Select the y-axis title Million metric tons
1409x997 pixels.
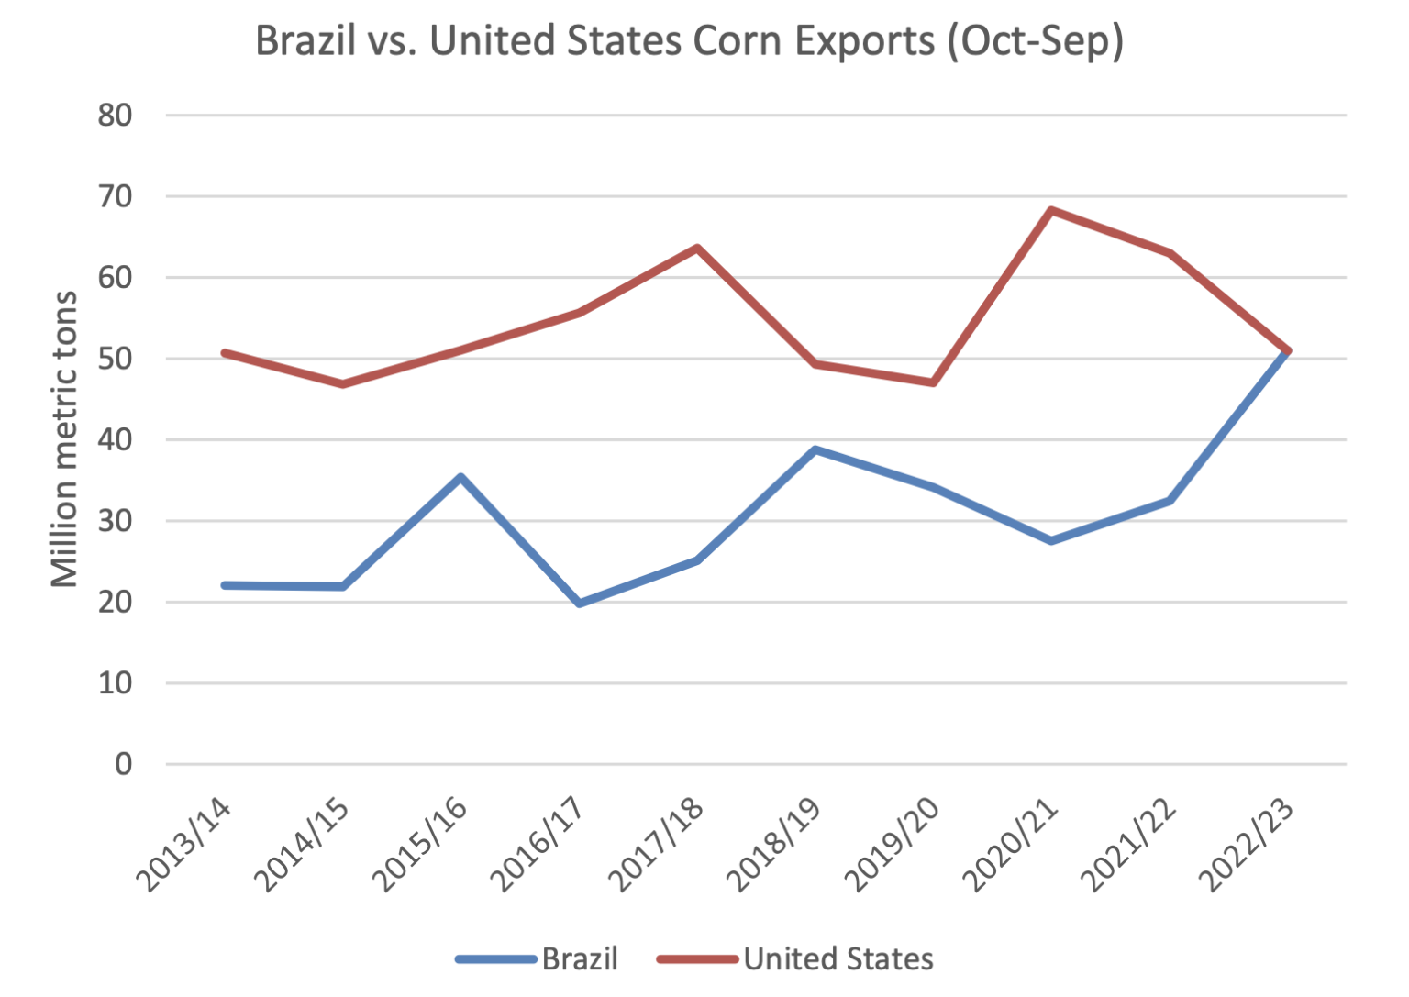click(x=64, y=438)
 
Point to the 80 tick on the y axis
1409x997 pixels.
click(x=116, y=116)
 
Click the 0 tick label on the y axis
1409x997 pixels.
click(x=123, y=764)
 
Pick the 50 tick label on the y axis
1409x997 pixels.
click(x=116, y=359)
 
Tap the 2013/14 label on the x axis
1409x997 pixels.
click(x=184, y=845)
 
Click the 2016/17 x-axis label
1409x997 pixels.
click(x=538, y=845)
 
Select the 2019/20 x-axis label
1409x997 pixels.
click(x=893, y=845)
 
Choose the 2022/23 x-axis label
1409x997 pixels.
click(x=1247, y=845)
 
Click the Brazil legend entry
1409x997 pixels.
click(x=538, y=958)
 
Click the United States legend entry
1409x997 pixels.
click(x=795, y=958)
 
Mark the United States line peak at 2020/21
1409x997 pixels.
click(x=1051, y=210)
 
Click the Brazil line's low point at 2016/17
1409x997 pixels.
click(x=580, y=603)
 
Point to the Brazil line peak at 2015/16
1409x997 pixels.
click(x=461, y=477)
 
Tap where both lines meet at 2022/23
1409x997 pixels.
click(x=1287, y=351)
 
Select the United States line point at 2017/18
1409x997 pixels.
click(x=697, y=248)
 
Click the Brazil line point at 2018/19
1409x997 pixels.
click(x=815, y=449)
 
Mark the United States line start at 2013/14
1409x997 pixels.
click(x=225, y=352)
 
